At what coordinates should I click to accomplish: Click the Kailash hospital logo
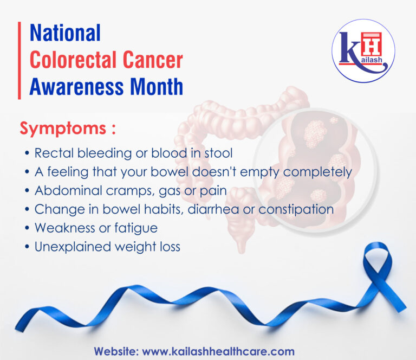363,51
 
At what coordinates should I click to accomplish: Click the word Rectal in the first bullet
52,153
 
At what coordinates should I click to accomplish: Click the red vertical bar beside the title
19,60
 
